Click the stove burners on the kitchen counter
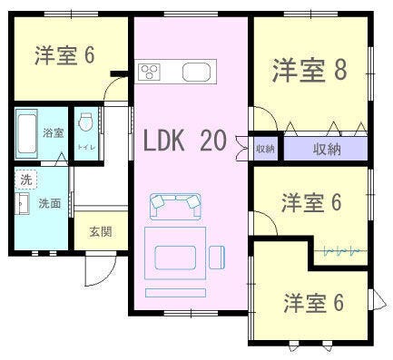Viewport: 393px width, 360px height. (149, 72)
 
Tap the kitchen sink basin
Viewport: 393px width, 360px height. (196, 72)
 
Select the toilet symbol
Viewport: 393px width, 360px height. (85, 122)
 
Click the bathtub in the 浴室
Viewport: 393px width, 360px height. (26, 133)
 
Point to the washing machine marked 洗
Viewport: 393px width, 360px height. (25, 180)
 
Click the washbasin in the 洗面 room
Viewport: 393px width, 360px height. (22, 203)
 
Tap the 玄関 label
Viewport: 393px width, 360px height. (101, 232)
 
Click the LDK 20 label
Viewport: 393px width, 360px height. (184, 141)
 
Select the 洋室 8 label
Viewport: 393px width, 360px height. (309, 70)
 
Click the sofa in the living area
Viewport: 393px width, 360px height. (175, 206)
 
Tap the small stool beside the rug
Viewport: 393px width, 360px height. (217, 258)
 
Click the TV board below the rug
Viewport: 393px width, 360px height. (175, 293)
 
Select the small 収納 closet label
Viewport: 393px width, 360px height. (265, 149)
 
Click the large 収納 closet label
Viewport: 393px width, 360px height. (327, 149)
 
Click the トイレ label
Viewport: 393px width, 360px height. (86, 147)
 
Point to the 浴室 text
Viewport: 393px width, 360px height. (54, 132)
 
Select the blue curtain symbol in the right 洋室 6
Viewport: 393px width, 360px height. (341, 251)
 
